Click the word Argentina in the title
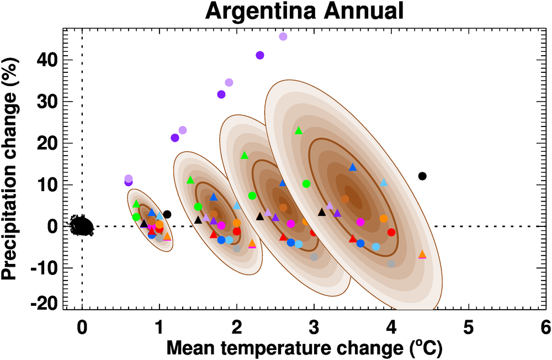coord(250,12)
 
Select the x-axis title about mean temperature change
coord(304,348)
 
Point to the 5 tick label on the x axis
coord(469,328)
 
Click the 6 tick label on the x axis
coord(546,328)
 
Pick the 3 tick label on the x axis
coord(314,328)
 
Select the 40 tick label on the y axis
coord(47,60)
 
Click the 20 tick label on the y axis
coord(47,143)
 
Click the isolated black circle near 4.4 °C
coord(422,176)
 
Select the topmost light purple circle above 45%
coord(283,36)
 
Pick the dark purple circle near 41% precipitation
coord(260,55)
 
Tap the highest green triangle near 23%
coord(299,131)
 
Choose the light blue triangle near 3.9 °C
coord(384,183)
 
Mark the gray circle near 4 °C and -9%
coord(391,264)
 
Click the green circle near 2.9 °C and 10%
coord(306,184)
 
